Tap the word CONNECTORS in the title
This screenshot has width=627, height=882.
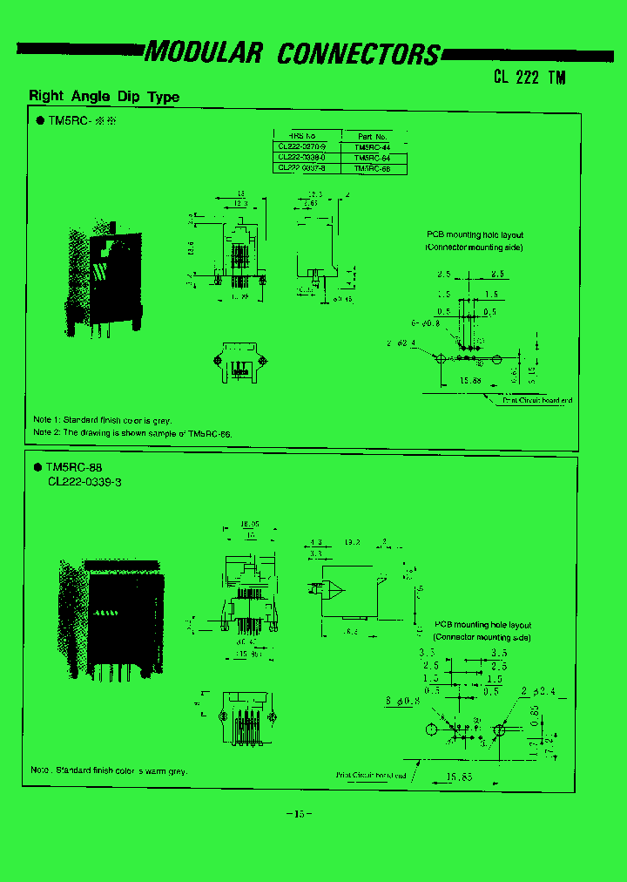(x=359, y=53)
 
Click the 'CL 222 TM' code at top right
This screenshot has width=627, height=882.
(x=529, y=77)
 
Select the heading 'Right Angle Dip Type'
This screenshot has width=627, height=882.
(x=104, y=97)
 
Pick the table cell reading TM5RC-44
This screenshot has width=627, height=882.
(x=372, y=147)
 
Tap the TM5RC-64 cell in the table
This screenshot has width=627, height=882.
(x=372, y=158)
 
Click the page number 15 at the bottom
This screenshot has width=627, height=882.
(x=299, y=814)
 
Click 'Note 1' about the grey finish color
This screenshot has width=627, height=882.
(x=103, y=420)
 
